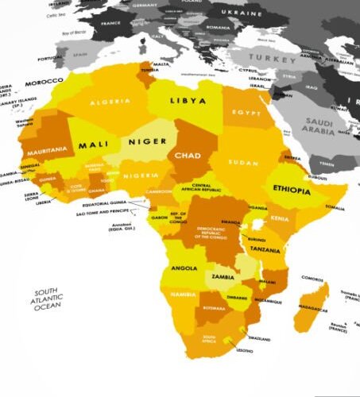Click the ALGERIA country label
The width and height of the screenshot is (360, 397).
(110, 102)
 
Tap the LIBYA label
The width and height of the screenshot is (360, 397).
(188, 102)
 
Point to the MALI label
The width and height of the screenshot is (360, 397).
(94, 145)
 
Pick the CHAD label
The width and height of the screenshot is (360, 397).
(187, 155)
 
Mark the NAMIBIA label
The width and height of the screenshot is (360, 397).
(183, 295)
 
